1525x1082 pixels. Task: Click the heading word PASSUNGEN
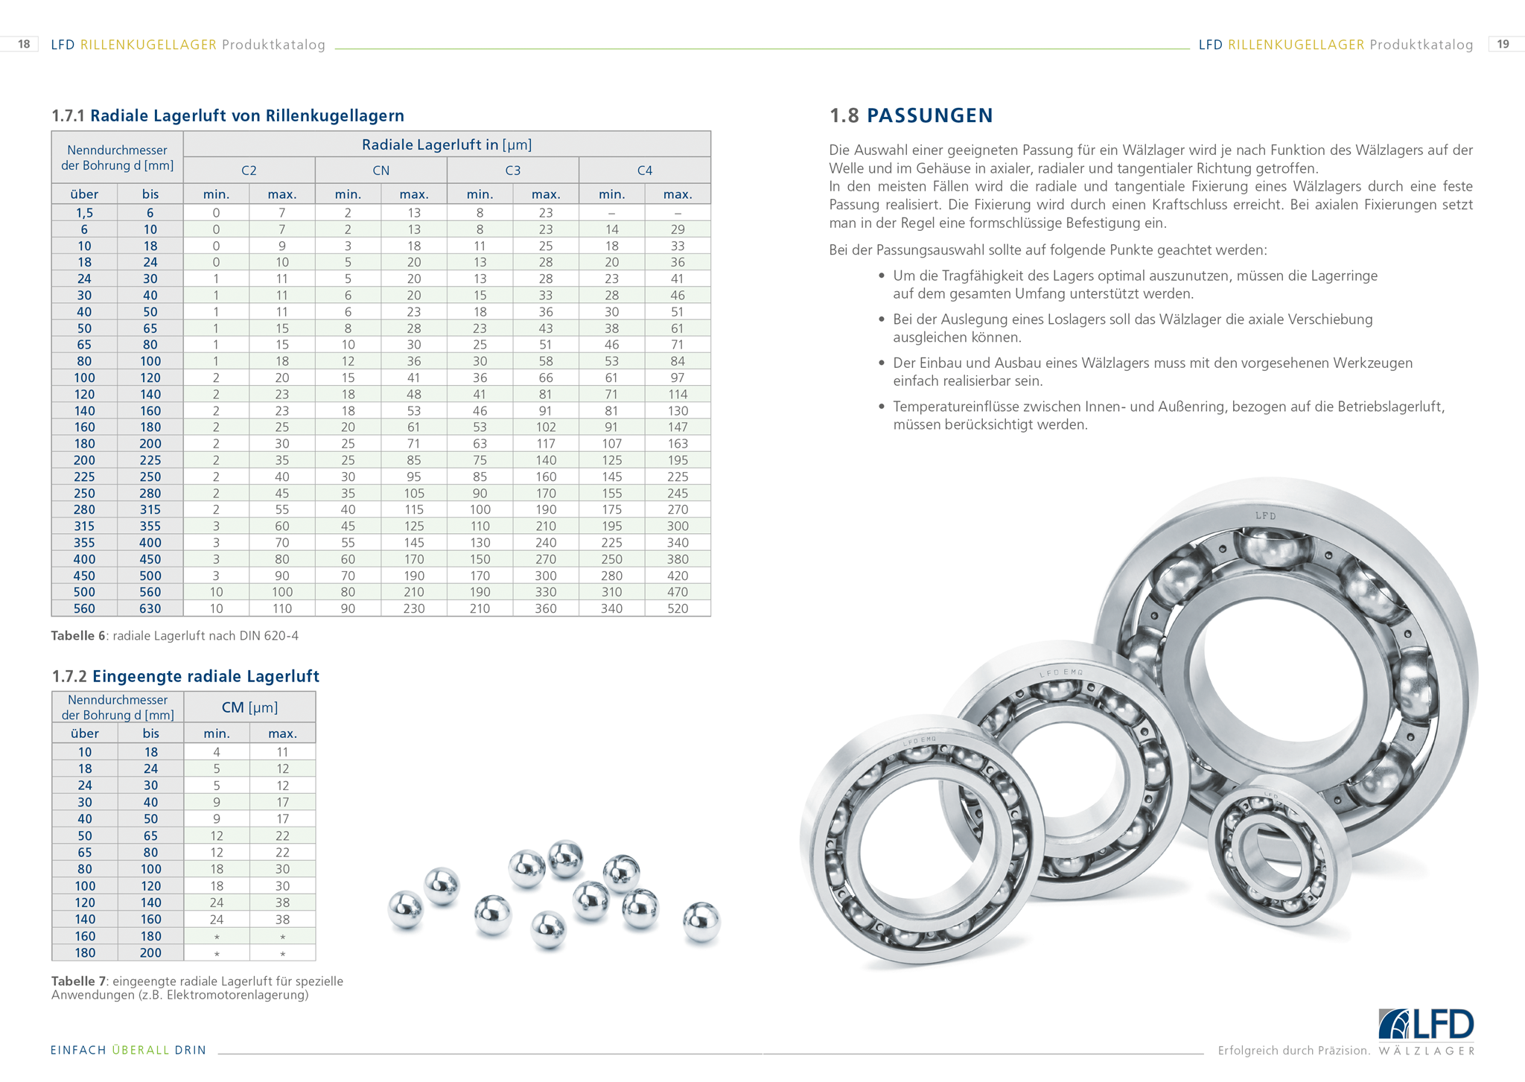pos(929,115)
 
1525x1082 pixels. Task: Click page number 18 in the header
pos(24,45)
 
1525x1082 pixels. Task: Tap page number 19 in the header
pos(1503,45)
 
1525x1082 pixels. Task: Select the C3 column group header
pos(512,171)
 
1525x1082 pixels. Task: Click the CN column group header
pos(381,171)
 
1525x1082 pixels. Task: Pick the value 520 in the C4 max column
pos(677,608)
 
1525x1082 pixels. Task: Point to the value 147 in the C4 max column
pos(677,427)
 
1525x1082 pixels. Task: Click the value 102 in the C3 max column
pos(545,427)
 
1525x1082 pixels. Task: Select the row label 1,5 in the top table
pos(84,213)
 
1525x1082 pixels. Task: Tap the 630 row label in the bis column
pos(150,608)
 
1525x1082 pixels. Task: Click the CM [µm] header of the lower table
pos(249,707)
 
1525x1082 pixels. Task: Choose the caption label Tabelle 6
pos(78,636)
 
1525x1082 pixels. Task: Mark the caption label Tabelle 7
pos(78,981)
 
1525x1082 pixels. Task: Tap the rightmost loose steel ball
pos(701,921)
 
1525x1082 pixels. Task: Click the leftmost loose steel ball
pos(406,909)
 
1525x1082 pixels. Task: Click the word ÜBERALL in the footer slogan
pos(141,1050)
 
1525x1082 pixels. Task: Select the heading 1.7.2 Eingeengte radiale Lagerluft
pos(185,676)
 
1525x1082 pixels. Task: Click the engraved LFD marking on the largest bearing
pos(1265,515)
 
